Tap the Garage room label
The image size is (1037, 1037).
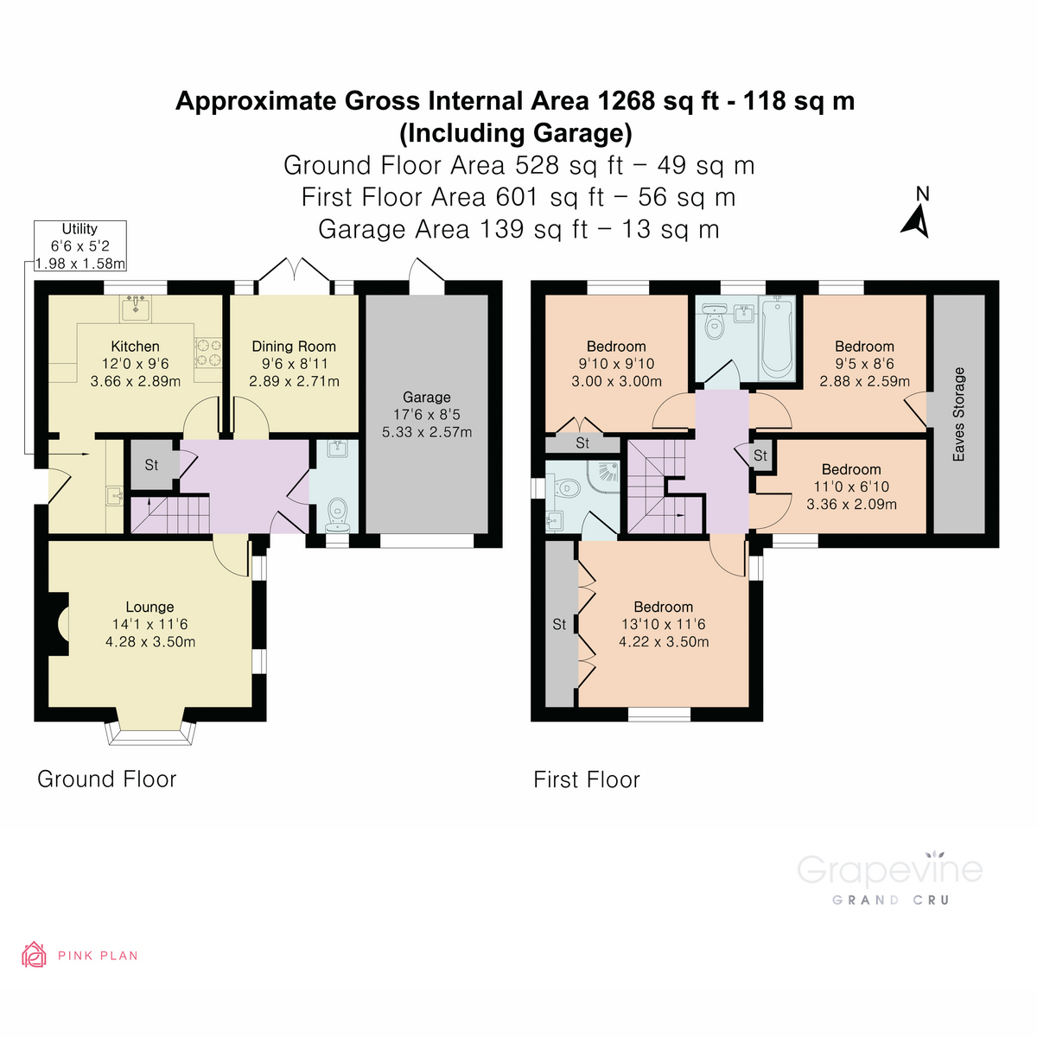[427, 398]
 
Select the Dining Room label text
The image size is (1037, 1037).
[294, 347]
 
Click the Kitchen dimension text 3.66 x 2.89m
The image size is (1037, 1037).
[136, 381]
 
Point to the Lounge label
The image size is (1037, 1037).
[150, 608]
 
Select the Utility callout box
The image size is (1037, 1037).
[80, 246]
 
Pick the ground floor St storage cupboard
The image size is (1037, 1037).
[151, 465]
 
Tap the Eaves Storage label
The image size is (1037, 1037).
[958, 414]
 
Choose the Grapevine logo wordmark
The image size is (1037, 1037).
[889, 869]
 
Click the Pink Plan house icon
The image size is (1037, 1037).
[34, 955]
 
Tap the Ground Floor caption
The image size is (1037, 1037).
[106, 779]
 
